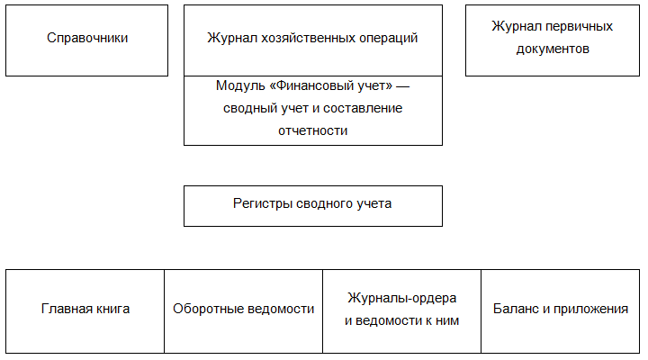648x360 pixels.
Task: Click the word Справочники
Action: [x=87, y=38]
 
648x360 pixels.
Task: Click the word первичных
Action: [x=579, y=26]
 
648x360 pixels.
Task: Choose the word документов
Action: [x=553, y=49]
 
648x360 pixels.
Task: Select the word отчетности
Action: [x=313, y=131]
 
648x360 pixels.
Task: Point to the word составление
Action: [x=363, y=108]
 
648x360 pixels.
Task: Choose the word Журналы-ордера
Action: [x=401, y=298]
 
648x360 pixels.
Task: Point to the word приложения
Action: [x=591, y=310]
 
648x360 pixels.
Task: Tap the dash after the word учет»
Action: [x=402, y=86]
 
